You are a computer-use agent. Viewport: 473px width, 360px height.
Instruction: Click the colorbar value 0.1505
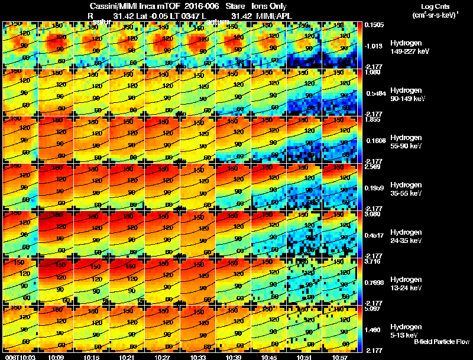pyautogui.click(x=374, y=25)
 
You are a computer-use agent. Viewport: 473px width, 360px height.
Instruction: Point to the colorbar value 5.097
pyautogui.click(x=374, y=309)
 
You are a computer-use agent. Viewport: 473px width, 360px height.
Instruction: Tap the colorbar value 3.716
pyautogui.click(x=374, y=261)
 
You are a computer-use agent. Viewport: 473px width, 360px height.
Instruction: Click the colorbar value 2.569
pyautogui.click(x=374, y=167)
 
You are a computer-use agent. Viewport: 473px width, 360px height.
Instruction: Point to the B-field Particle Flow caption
pyautogui.click(x=441, y=342)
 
